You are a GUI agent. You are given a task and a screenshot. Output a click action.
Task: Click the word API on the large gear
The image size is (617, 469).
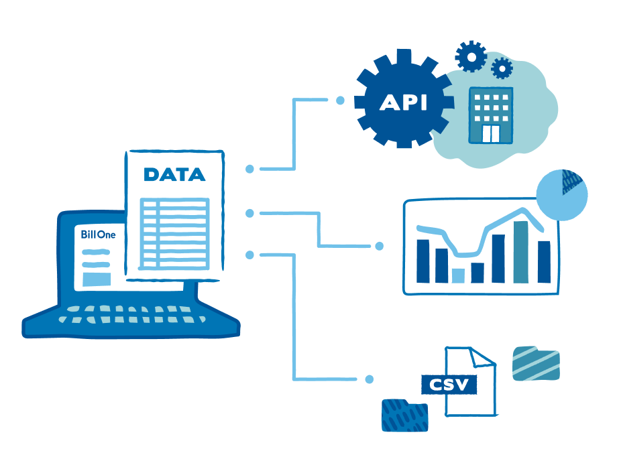(403, 103)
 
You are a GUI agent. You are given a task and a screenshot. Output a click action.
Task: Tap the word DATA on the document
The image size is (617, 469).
(175, 175)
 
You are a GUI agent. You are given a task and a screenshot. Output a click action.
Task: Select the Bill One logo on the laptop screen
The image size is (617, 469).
(98, 234)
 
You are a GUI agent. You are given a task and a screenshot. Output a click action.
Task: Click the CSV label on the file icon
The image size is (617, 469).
(449, 384)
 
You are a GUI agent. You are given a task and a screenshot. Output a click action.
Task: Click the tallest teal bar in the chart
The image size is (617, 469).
(521, 252)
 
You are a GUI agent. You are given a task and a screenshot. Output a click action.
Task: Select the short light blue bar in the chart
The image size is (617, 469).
(458, 275)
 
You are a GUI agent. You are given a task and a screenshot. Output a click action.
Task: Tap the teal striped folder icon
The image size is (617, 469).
(536, 363)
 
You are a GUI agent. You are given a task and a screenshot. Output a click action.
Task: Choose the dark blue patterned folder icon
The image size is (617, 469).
(405, 415)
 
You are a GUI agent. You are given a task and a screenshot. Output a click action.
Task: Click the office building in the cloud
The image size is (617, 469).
(491, 115)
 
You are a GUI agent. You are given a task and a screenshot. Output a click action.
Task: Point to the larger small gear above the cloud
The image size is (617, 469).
(471, 56)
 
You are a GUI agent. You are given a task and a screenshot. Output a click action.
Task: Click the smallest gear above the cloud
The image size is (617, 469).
(502, 68)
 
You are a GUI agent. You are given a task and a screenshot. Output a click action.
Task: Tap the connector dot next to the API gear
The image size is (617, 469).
(341, 100)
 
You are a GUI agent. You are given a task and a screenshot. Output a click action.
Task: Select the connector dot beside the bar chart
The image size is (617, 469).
(380, 246)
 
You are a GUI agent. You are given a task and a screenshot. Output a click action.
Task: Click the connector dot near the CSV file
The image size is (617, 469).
(369, 379)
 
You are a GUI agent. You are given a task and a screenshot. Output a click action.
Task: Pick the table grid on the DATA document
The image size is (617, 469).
(174, 234)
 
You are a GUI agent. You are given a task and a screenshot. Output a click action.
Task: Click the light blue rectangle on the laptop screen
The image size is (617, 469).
(97, 279)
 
